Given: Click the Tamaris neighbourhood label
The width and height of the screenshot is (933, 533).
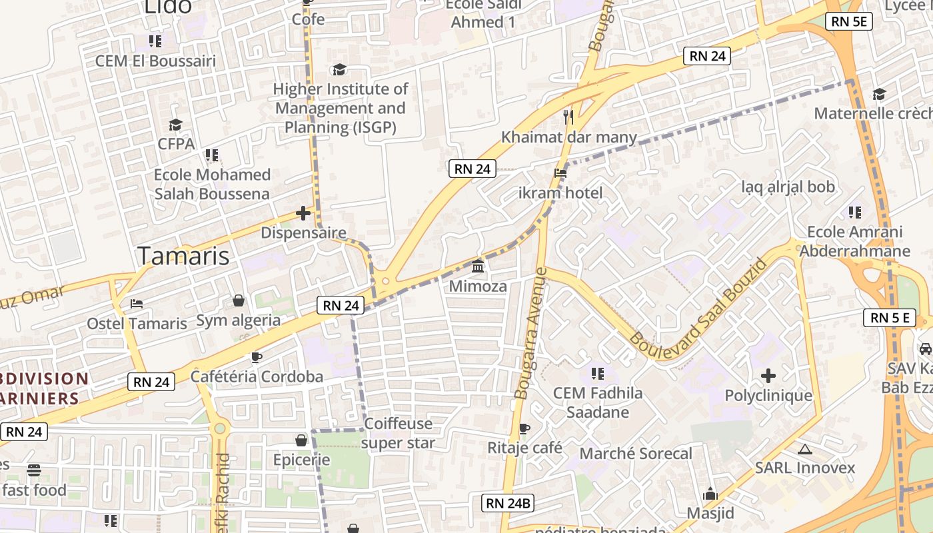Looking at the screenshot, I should click(x=183, y=256).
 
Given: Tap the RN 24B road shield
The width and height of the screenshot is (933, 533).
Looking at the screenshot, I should click(x=508, y=503).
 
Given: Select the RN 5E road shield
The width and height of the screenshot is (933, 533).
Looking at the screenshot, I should click(x=849, y=21).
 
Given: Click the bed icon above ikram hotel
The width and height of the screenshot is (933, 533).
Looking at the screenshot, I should click(x=560, y=173).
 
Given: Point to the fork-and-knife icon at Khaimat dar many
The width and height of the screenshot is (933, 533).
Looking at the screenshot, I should click(x=568, y=117).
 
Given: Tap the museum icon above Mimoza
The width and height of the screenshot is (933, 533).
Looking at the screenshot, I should click(x=478, y=266).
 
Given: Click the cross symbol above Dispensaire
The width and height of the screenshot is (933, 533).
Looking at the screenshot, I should click(x=303, y=213).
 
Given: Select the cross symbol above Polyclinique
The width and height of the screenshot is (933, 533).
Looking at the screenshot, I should click(x=768, y=376).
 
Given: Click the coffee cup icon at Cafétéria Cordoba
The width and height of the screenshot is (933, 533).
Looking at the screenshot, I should click(x=257, y=357).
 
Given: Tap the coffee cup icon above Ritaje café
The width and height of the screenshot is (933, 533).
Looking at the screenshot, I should click(x=524, y=428).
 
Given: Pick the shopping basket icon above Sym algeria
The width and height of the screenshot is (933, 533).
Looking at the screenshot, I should click(x=239, y=301).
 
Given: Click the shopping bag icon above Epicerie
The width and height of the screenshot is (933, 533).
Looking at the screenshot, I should click(x=301, y=440).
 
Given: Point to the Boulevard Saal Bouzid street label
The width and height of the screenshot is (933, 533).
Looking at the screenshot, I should click(x=698, y=308).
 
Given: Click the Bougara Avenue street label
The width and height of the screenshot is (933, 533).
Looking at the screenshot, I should click(x=531, y=333).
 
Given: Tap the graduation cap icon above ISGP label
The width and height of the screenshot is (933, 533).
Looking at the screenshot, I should click(x=340, y=70).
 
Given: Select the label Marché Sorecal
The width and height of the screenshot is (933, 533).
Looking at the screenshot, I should click(x=636, y=454).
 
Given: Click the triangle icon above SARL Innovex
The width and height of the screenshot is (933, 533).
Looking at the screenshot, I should click(x=804, y=449).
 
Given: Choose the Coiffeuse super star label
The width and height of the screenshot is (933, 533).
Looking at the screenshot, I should click(x=399, y=433).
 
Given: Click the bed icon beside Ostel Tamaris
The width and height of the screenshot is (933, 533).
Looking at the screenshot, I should click(x=137, y=304).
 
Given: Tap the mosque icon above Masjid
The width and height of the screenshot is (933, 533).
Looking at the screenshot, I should click(x=710, y=494).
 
